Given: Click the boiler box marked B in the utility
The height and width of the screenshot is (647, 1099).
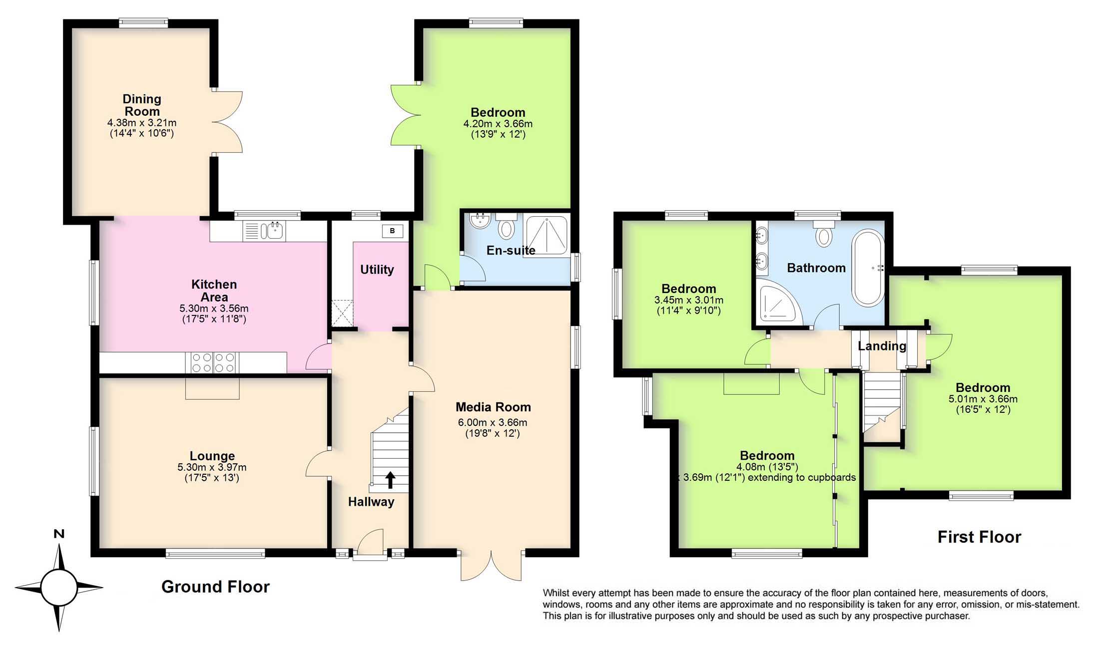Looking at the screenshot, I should (392, 231).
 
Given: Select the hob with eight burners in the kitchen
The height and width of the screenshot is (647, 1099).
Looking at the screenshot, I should (213, 362).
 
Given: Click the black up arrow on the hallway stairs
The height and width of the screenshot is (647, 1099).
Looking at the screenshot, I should (390, 480).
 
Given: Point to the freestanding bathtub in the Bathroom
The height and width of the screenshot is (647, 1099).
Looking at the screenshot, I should (868, 268).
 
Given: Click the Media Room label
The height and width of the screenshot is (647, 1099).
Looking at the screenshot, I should (493, 407).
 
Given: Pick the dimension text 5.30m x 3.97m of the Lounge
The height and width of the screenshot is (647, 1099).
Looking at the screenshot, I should (212, 467).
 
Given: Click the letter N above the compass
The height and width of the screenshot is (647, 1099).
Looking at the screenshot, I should (59, 534).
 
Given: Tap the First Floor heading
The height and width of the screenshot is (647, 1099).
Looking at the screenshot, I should (979, 537).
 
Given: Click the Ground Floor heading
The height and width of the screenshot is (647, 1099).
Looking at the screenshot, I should (215, 587).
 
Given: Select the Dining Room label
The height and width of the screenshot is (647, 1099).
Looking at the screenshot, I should (142, 105).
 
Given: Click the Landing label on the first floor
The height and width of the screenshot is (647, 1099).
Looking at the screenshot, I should (882, 346).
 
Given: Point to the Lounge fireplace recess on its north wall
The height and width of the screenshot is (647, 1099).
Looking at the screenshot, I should (212, 388).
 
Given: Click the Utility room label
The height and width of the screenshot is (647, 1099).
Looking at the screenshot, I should (377, 270).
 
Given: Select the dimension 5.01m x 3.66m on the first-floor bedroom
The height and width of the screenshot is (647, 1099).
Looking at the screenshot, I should (983, 399).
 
